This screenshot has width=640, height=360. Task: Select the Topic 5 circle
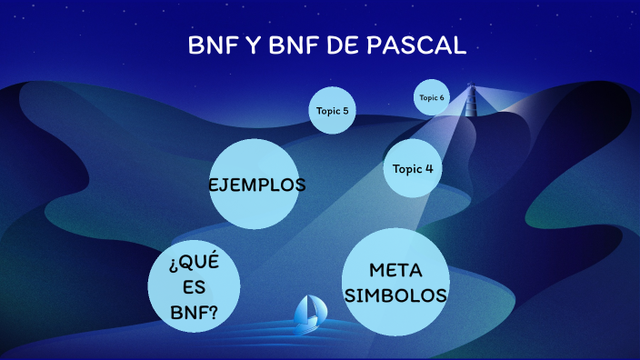pyautogui.click(x=332, y=111)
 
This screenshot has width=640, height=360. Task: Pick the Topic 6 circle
pyautogui.click(x=432, y=98)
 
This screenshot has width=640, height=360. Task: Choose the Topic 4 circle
pyautogui.click(x=412, y=168)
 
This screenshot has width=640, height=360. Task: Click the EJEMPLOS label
pyautogui.click(x=256, y=185)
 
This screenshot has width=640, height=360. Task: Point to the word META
pyautogui.click(x=396, y=270)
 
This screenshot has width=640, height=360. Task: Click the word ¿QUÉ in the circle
pyautogui.click(x=194, y=264)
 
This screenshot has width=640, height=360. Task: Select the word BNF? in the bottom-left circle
pyautogui.click(x=194, y=314)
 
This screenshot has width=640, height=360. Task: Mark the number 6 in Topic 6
pyautogui.click(x=442, y=98)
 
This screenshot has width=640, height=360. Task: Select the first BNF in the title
pyautogui.click(x=211, y=45)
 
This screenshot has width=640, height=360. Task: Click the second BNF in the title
pyautogui.click(x=291, y=45)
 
